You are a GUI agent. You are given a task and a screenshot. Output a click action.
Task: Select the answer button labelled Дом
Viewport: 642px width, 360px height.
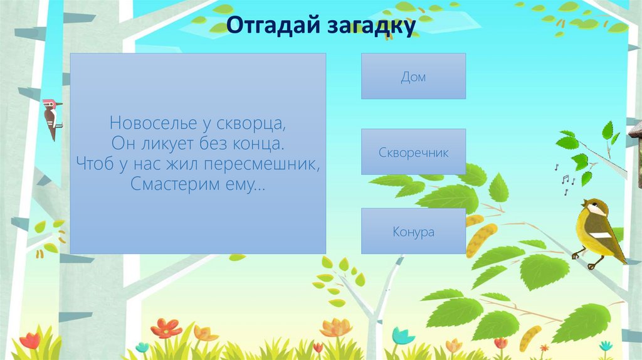tap(413, 77)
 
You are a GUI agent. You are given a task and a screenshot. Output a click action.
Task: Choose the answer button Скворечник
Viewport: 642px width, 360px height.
tap(413, 152)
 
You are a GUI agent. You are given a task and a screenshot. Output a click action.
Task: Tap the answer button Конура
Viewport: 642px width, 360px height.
tap(413, 231)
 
